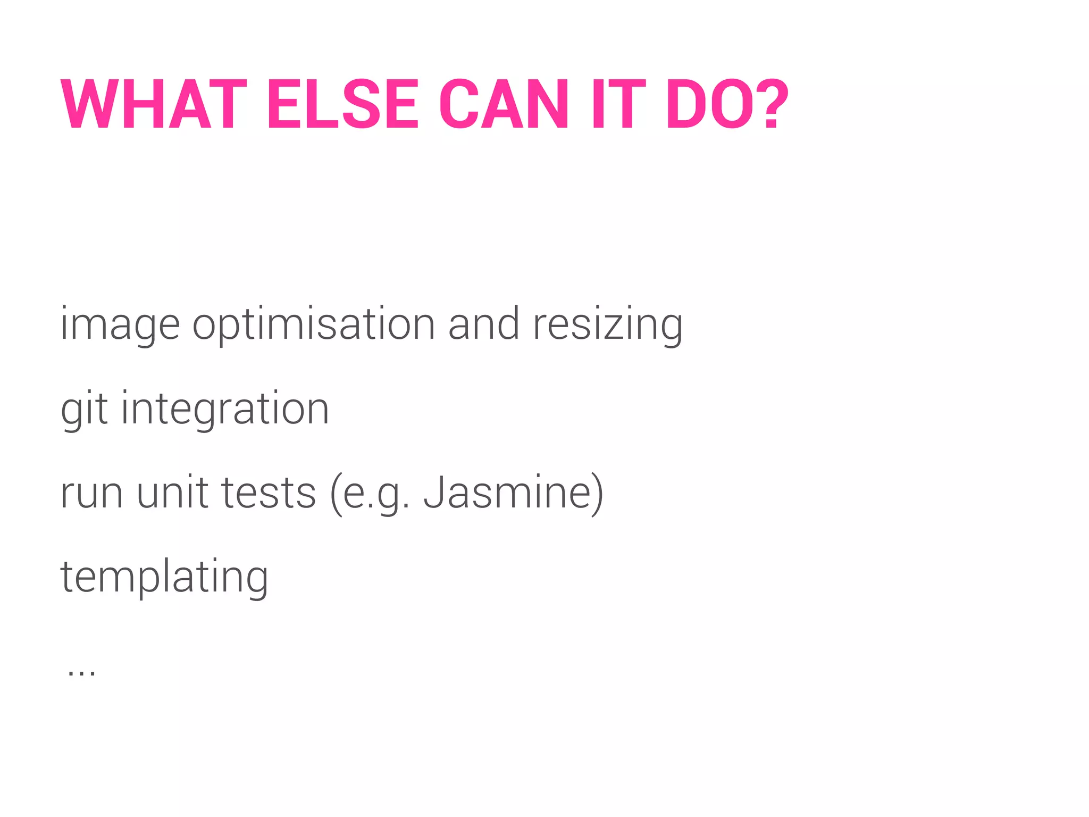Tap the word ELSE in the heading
coord(343,104)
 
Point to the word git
coord(85,410)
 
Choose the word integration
coord(225,410)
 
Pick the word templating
coord(164,578)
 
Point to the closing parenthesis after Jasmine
coord(597,494)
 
